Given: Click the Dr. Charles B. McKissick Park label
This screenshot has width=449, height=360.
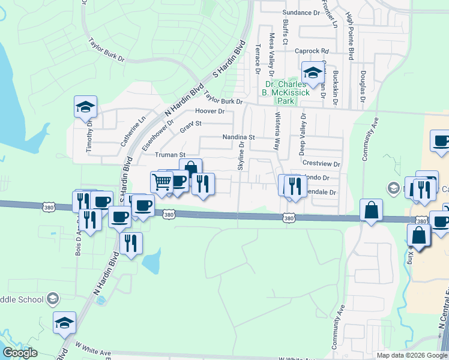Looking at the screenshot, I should tap(285, 92).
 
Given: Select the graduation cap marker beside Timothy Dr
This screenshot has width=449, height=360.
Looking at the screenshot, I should tap(85, 108).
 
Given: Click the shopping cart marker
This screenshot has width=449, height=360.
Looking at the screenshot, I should tap(161, 182).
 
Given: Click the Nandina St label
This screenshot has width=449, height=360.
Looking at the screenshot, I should tap(239, 137).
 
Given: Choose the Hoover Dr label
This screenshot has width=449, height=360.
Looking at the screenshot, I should tap(209, 112).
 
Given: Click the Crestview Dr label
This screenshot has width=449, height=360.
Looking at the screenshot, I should tap(321, 163).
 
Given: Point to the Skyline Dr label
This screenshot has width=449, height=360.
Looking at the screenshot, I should tap(241, 156).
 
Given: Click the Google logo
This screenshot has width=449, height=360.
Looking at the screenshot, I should tap(20, 353).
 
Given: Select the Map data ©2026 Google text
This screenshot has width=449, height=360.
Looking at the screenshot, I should tap(412, 355).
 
